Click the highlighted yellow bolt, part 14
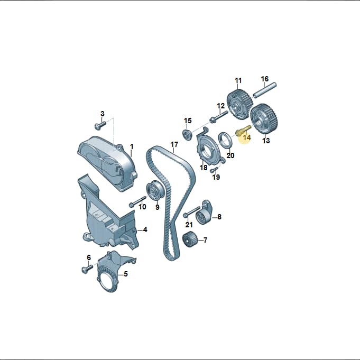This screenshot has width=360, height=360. point(244,130)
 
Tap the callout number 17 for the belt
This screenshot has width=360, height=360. point(174,145)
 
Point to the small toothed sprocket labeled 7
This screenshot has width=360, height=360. point(190,240)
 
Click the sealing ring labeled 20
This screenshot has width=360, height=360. point(226,140)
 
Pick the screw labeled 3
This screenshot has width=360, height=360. point(100,125)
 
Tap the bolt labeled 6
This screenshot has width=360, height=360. point(87,269)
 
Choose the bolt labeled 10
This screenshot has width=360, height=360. point(138,201)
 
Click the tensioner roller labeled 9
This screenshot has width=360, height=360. point(155,190)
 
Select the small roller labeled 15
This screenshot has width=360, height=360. point(187,135)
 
